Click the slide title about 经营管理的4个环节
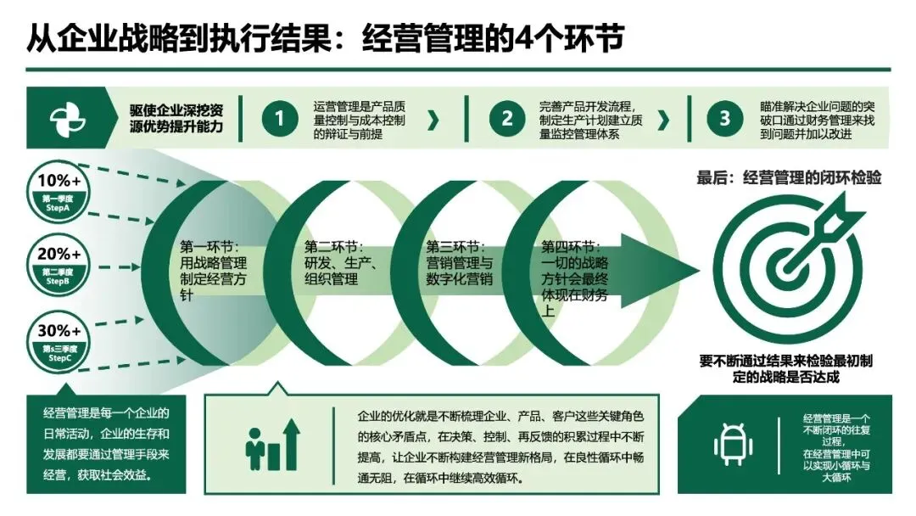[x=327, y=38]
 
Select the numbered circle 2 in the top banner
[x=507, y=120]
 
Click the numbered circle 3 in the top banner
[x=724, y=120]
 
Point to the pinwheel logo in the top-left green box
[x=68, y=121]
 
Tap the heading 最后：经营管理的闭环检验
[x=789, y=178]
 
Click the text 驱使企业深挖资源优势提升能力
[x=176, y=120]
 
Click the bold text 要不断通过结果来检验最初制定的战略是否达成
[x=786, y=368]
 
